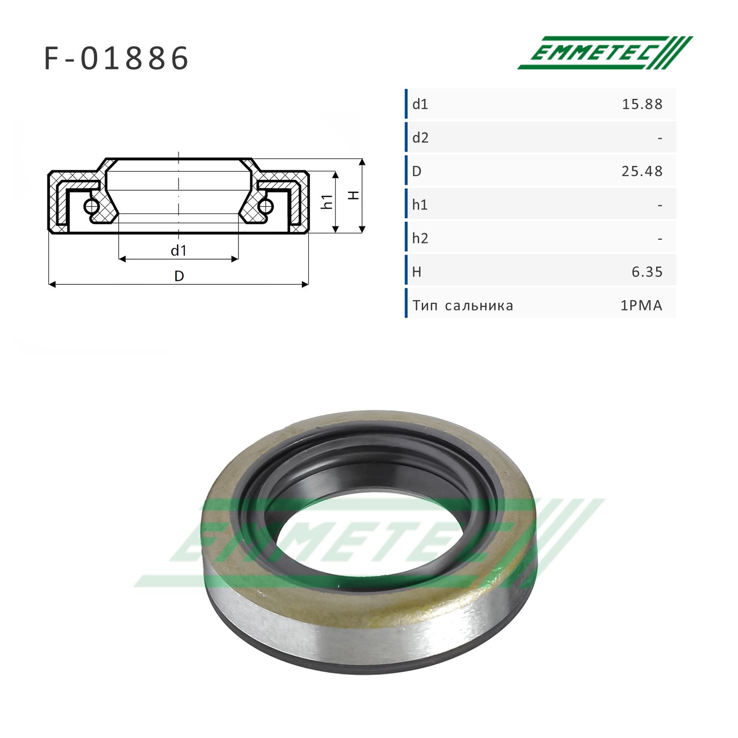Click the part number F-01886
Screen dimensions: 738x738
117,58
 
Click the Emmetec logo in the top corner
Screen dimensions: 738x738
605,52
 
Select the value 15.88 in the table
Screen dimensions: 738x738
642,104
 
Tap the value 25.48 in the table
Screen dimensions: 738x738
642,171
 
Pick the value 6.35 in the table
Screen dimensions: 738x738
647,271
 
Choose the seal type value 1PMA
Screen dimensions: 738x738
641,305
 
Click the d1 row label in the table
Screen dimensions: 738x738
420,104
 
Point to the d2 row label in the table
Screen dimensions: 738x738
420,138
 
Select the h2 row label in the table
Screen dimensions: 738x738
420,238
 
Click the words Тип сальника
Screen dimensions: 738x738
463,305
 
